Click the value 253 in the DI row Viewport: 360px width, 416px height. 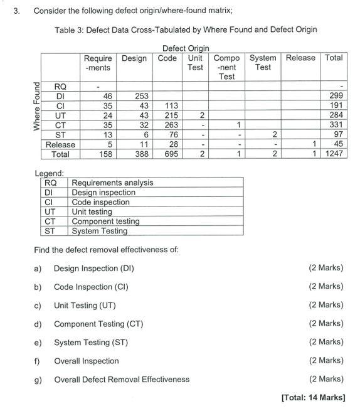pos(142,96)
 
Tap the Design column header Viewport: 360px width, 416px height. pos(134,58)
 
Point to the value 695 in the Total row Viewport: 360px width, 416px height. pos(169,154)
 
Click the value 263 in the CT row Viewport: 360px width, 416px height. pos(171,125)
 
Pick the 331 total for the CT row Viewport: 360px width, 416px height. pos(336,125)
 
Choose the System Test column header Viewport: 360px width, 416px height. pos(263,62)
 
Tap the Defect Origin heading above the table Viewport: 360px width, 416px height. pos(186,48)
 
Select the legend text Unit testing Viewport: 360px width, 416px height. pos(92,212)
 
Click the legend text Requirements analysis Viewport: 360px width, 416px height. pos(112,183)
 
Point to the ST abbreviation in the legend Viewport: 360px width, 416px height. pos(52,231)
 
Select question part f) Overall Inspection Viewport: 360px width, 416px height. pos(86,361)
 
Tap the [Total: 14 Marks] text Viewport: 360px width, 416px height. pos(313,398)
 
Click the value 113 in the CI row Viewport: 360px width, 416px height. pos(171,105)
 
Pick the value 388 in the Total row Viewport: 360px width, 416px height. pos(142,154)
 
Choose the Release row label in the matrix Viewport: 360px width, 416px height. pos(61,144)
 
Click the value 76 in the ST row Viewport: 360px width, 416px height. pos(173,134)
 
